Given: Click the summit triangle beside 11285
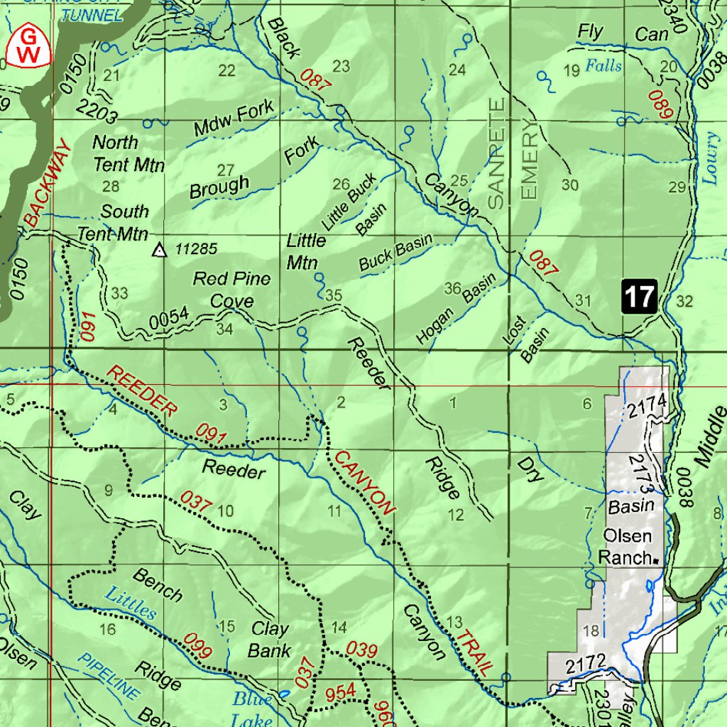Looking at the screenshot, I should [160, 250].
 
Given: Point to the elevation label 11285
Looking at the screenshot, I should [195, 249].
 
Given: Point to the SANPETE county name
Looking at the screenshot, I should [497, 153].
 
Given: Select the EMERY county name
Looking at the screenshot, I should [530, 159].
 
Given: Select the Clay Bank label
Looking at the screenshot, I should [270, 639].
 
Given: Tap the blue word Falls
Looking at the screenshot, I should [603, 67].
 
